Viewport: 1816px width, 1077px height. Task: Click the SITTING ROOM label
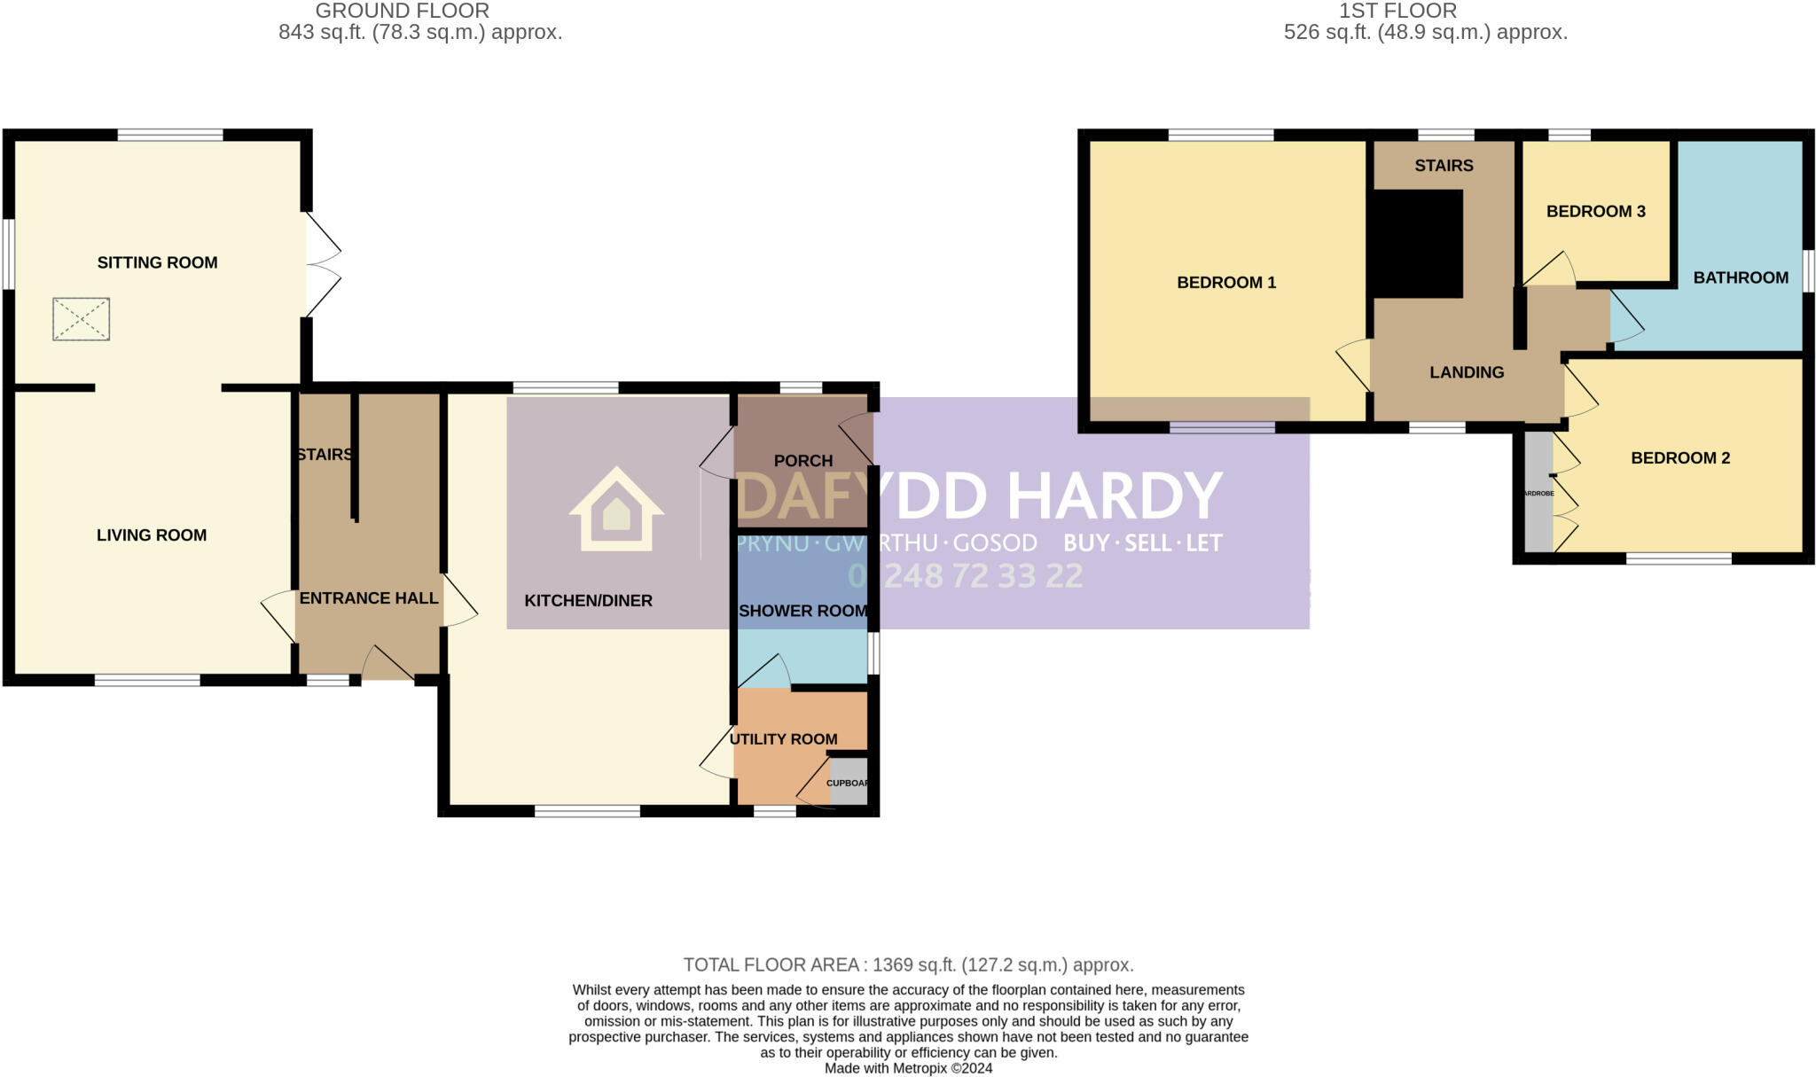tap(157, 262)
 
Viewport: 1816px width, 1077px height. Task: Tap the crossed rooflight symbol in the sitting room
tap(81, 319)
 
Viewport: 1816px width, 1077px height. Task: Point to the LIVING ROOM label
tap(152, 535)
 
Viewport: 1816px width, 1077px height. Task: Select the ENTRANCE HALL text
tap(369, 598)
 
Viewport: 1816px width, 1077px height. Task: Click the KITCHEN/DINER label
tap(588, 601)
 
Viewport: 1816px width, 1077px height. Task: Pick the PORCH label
tap(803, 461)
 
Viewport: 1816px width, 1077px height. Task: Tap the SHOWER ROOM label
tap(802, 611)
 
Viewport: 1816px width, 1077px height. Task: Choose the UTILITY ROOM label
tap(783, 739)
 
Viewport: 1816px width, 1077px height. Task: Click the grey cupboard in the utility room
tap(848, 781)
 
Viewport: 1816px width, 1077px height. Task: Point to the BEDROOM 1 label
tap(1226, 283)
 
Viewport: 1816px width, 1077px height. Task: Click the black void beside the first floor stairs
tap(1416, 244)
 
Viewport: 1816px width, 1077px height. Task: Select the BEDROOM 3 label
tap(1596, 211)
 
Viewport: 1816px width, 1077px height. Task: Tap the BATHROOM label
tap(1741, 277)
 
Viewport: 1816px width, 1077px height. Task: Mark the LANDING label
tap(1467, 372)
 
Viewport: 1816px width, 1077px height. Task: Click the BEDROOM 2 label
tap(1680, 458)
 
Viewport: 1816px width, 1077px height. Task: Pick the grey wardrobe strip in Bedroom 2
tap(1538, 492)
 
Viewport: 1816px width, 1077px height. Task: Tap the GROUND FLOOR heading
tap(403, 12)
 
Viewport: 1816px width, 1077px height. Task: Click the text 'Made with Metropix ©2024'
tap(908, 1068)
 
